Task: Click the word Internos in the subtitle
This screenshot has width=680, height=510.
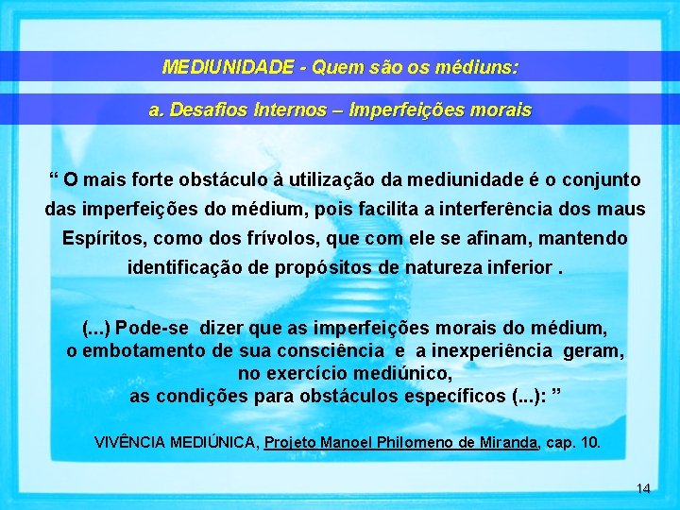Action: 305,110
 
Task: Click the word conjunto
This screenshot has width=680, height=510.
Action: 596,178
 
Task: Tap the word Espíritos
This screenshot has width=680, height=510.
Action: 104,238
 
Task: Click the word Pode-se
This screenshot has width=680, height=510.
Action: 153,328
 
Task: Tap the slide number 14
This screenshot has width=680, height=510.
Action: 643,488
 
